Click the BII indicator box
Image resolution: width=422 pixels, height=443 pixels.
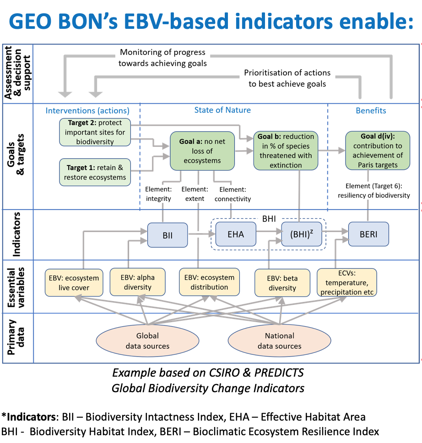tap(168, 235)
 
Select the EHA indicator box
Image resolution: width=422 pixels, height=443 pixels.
tap(236, 234)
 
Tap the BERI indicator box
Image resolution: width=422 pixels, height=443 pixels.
tap(368, 234)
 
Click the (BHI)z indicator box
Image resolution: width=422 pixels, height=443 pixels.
tap(302, 234)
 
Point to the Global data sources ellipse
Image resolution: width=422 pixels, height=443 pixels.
tap(147, 341)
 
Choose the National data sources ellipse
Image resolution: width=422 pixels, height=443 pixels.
tap(279, 341)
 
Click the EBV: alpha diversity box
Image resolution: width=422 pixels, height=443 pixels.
tap(138, 282)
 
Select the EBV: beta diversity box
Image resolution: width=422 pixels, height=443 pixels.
tap(282, 283)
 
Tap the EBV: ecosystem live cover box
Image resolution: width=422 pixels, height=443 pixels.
tap(74, 282)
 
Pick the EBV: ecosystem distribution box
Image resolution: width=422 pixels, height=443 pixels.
tap(210, 282)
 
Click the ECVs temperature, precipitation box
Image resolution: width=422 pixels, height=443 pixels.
tap(347, 282)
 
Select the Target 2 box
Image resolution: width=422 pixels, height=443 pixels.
tap(95, 132)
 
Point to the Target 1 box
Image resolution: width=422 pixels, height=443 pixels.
tap(95, 172)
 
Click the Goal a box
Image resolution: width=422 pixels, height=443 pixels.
tap(202, 151)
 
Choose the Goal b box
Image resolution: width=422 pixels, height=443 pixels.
tap(286, 151)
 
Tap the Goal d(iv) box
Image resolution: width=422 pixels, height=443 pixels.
tap(378, 150)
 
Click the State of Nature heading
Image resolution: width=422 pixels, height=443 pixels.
tap(222, 110)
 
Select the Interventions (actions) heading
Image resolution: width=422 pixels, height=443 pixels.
tap(87, 110)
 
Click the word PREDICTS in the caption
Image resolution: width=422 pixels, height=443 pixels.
tap(279, 373)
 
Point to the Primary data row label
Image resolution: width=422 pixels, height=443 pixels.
tap(16, 337)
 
